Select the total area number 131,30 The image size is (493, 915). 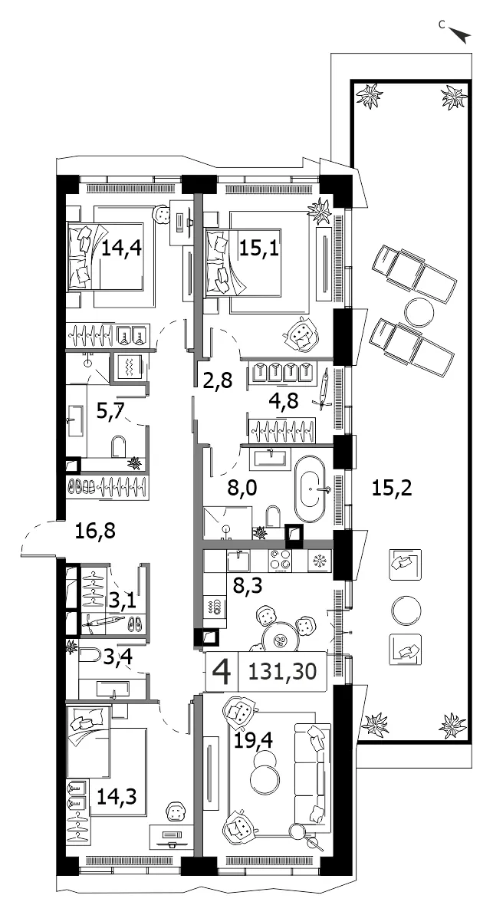282,672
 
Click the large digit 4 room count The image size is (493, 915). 221,672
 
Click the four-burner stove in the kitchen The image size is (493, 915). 280,560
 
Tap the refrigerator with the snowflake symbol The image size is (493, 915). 319,561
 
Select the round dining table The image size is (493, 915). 280,639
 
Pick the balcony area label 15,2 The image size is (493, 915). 392,487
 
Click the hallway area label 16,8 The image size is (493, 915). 96,531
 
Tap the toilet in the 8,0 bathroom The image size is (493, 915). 272,516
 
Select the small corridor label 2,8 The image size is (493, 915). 219,381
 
